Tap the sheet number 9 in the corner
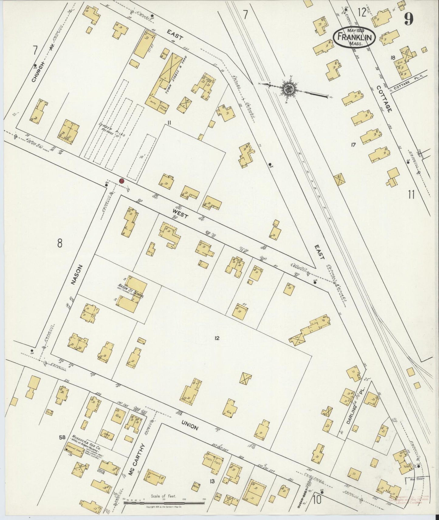(408, 20)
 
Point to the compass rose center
(287, 89)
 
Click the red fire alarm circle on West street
(122, 181)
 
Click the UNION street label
(190, 426)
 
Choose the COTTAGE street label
(384, 98)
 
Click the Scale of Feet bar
(164, 503)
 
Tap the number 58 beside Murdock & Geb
(62, 437)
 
